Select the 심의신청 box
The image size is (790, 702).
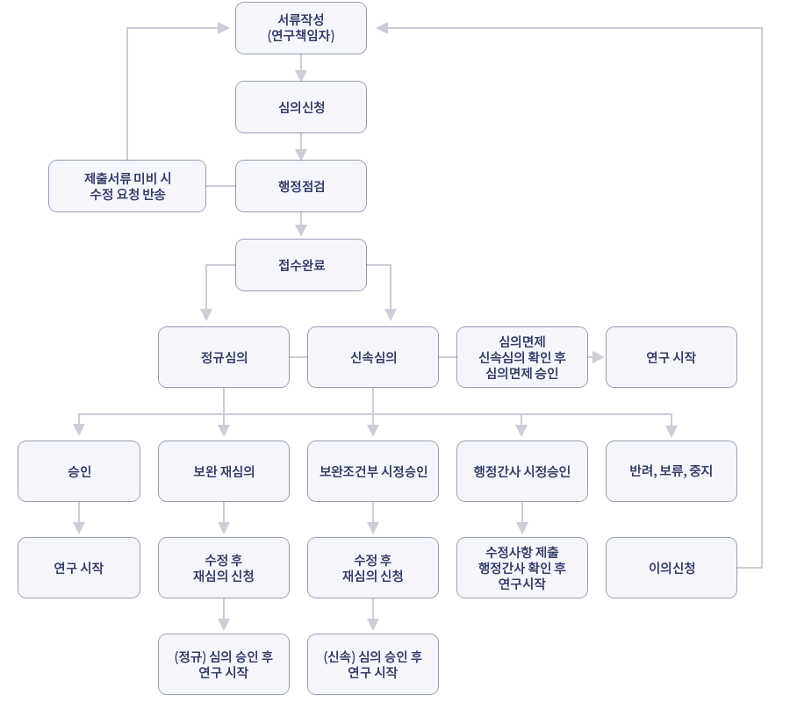301,107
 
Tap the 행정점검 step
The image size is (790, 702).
301,186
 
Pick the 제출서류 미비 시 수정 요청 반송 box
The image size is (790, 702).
127,186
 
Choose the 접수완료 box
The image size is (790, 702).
301,265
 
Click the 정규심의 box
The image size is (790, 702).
224,357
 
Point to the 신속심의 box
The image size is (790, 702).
373,357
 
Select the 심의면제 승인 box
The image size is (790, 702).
522,357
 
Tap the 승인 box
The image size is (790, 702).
79,471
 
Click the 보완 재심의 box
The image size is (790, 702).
224,471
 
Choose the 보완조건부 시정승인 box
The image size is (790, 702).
373,471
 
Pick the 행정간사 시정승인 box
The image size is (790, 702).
522,471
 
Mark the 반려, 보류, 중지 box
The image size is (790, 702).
671,471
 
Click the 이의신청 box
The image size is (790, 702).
671,568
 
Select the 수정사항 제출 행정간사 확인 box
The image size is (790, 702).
522,568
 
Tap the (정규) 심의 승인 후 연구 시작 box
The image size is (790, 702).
224,664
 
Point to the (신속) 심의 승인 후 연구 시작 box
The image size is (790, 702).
373,664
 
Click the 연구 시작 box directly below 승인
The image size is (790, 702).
79,568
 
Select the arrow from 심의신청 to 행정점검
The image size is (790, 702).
301,147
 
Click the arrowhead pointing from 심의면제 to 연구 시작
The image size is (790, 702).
599,357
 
